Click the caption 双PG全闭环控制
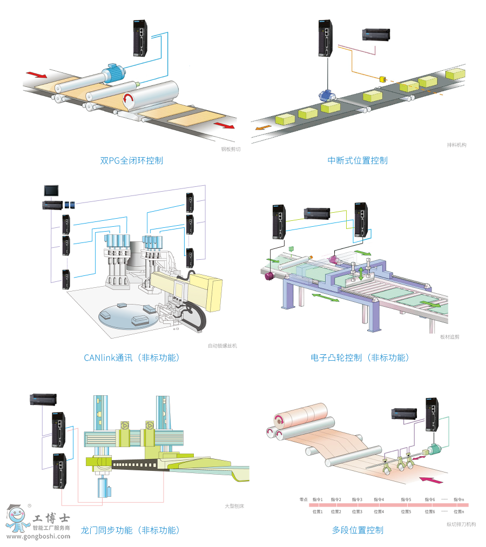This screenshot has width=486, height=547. (131, 160)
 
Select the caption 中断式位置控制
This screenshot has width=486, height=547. (357, 160)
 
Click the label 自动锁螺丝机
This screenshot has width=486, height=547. (222, 346)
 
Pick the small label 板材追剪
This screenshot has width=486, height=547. (449, 336)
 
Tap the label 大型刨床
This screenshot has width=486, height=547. (231, 505)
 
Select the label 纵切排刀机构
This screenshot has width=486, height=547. (461, 524)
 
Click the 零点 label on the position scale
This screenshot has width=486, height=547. (303, 499)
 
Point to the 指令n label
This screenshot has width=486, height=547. (459, 499)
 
